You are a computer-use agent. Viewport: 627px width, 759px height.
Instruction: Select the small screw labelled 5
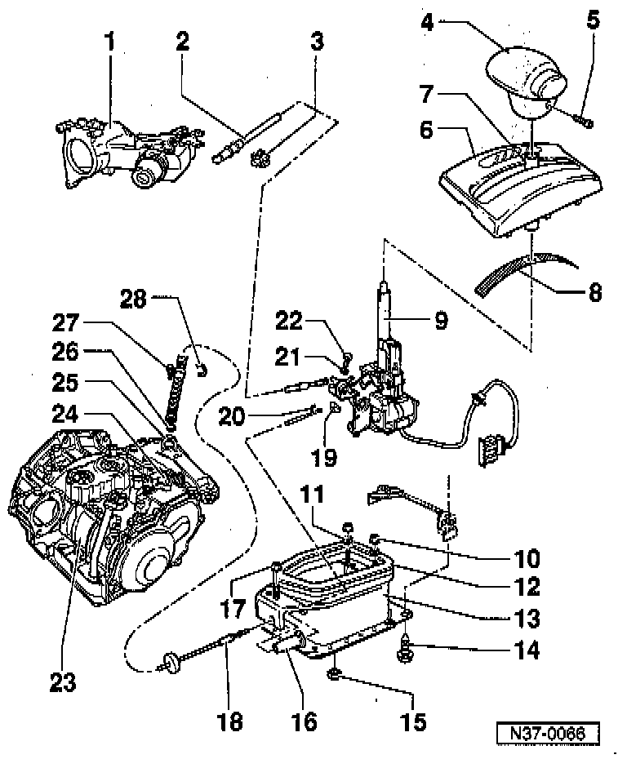click(586, 122)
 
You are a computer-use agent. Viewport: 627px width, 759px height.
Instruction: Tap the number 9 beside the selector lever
click(441, 321)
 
